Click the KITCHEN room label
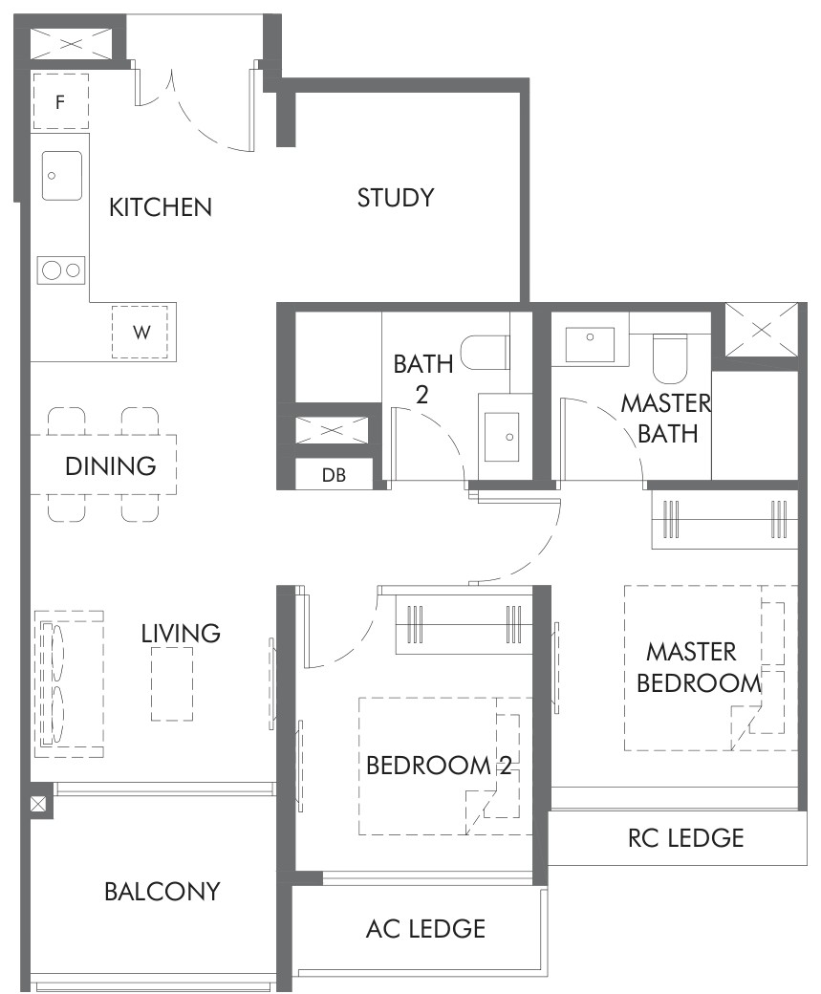[x=161, y=208]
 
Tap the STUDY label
[x=396, y=198]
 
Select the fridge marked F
[x=60, y=102]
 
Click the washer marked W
[x=140, y=333]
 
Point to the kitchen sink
[x=62, y=176]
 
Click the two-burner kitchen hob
[x=61, y=270]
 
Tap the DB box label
[x=335, y=475]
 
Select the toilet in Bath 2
[x=485, y=353]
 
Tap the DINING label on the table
[x=111, y=466]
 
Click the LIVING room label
[x=181, y=634]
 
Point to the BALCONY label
[x=162, y=892]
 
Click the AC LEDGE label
[x=426, y=929]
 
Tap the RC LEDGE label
[x=686, y=838]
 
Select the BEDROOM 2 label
[x=439, y=766]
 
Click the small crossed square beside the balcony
[x=38, y=805]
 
